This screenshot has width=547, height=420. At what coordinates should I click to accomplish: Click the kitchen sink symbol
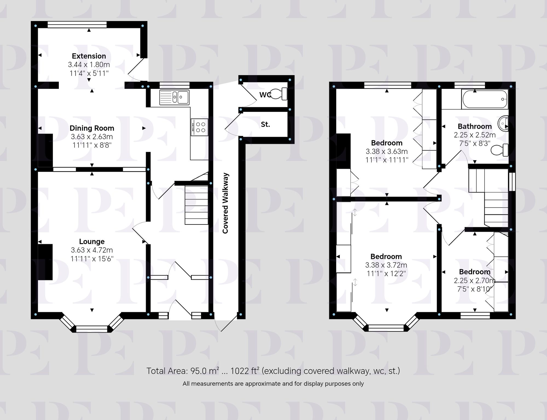coord(174,97)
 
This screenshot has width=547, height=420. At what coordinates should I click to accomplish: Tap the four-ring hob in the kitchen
coord(199,127)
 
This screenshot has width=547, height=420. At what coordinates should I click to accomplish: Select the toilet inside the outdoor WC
coord(279,94)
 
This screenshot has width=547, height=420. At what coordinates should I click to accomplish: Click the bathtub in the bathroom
coord(485,100)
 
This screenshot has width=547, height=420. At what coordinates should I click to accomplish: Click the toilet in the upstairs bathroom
coord(500,150)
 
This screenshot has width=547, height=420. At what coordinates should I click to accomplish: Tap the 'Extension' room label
coord(89,56)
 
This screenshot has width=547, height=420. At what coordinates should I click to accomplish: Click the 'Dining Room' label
coord(92,128)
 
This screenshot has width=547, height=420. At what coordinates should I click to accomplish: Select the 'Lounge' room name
coord(92,241)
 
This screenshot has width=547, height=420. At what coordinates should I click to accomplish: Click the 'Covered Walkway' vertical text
coord(225,203)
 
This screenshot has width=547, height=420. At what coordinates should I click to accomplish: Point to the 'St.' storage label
coord(265,124)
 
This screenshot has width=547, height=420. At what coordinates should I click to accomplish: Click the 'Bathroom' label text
coord(475,126)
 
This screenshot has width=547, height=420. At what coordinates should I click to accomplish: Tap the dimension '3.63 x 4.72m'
coord(92,250)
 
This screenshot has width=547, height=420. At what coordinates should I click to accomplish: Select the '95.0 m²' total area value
coord(205,371)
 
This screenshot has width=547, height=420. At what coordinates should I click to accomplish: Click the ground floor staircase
coord(196,205)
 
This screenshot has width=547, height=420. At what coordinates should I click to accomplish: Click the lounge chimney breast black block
coord(45,262)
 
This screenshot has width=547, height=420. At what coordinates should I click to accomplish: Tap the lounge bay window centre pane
coord(92,329)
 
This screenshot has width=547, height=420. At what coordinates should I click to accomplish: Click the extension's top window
coord(77,25)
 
